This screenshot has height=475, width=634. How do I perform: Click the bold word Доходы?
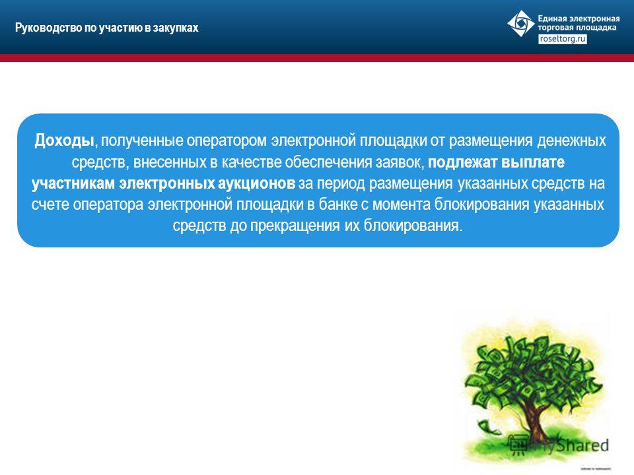[x=64, y=141]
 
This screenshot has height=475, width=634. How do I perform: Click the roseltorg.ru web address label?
[x=563, y=39]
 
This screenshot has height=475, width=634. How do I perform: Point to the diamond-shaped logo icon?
[x=521, y=24]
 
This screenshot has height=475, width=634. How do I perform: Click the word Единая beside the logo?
[x=551, y=18]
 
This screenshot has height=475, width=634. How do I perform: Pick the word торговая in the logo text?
[x=551, y=28]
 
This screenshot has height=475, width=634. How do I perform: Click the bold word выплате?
[x=533, y=162]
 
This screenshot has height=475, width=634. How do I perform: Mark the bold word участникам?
[x=73, y=183]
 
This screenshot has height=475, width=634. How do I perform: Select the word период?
[x=341, y=184]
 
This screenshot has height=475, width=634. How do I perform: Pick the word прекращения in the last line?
[x=295, y=226]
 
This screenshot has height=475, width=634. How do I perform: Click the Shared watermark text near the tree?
[x=582, y=445]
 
